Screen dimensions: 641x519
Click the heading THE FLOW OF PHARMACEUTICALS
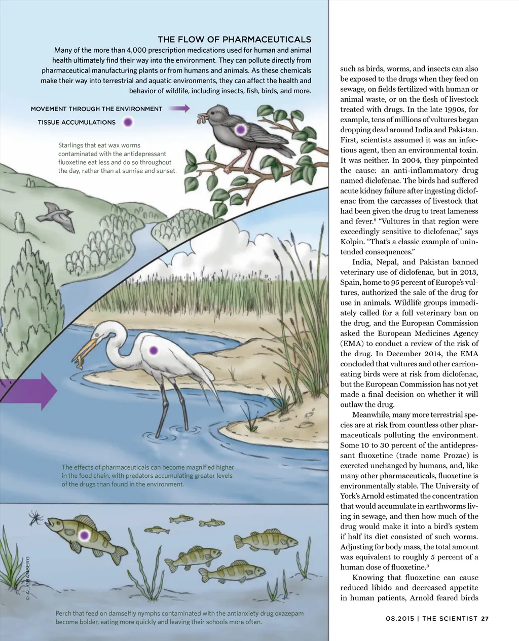coord(234,40)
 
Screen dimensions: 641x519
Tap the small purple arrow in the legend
coord(179,108)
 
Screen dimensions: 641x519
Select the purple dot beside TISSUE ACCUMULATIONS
coord(128,122)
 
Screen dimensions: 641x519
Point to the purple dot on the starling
coord(241,129)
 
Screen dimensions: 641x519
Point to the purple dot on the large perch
coord(85,535)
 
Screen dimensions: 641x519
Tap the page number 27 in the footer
coord(485,618)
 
